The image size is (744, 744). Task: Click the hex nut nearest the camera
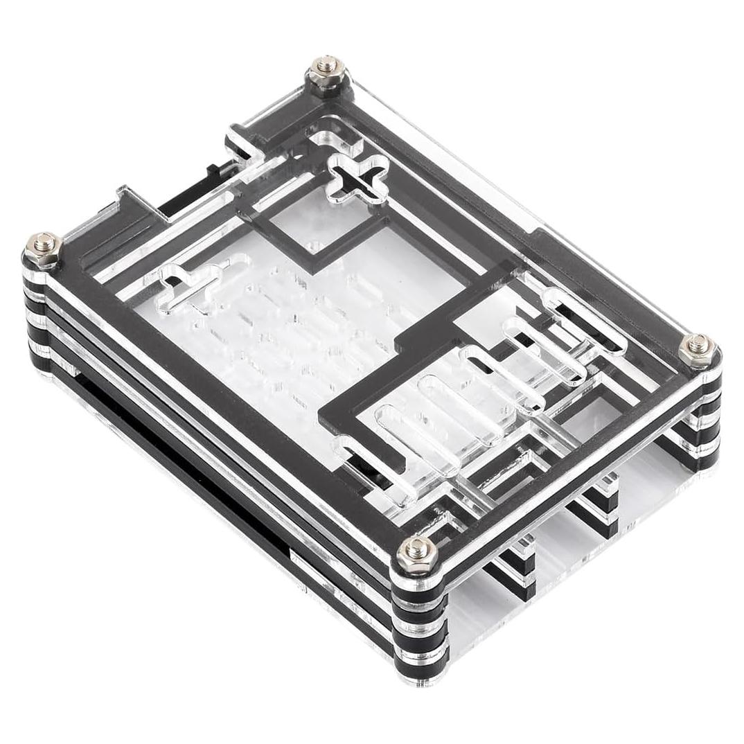click(x=416, y=552)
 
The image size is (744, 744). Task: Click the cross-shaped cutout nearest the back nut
click(x=357, y=176)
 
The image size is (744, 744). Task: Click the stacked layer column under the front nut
click(x=419, y=623)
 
